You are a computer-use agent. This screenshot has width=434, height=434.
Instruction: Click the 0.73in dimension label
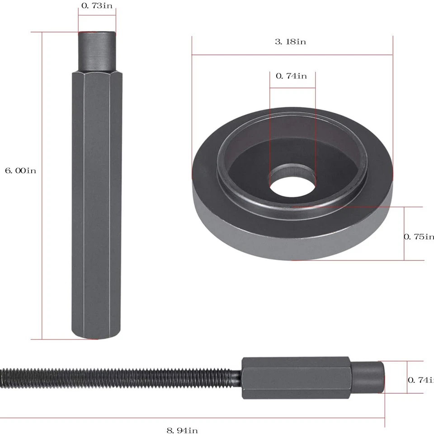(97, 6)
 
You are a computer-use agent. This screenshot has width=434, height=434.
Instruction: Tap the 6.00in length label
(20, 170)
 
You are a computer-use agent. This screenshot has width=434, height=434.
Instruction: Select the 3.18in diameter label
(291, 42)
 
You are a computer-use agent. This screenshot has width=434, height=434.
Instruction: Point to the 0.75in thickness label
(418, 236)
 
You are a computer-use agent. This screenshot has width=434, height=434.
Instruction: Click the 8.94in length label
(182, 430)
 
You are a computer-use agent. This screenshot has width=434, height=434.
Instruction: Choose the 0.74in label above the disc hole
(291, 76)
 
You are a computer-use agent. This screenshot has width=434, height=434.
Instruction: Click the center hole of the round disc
(292, 186)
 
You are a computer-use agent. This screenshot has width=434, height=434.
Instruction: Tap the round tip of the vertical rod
(97, 50)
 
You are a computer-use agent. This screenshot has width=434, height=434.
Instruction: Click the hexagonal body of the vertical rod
(97, 203)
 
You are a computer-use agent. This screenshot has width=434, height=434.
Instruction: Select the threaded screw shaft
(118, 376)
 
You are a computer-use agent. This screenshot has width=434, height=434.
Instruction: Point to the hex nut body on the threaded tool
(296, 378)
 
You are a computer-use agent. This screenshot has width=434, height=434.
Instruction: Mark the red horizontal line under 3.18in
(292, 55)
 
